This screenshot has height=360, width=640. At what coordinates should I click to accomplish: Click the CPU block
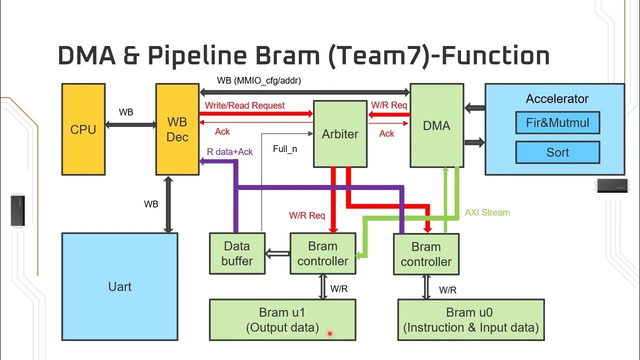tap(83, 129)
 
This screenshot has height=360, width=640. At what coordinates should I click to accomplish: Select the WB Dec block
tap(177, 129)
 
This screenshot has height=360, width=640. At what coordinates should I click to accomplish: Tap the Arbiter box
tap(340, 134)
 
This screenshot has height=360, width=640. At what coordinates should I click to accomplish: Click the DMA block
tap(436, 125)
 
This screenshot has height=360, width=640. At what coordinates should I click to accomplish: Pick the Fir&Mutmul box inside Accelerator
tap(557, 122)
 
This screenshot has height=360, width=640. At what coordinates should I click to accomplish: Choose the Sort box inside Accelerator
tap(557, 152)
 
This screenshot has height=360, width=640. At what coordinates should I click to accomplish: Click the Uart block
tap(119, 286)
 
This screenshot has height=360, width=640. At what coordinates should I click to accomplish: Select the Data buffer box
tap(237, 253)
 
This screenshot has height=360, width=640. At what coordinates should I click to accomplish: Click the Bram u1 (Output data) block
tap(282, 320)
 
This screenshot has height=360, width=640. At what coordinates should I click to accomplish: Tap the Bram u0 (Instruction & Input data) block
tap(470, 320)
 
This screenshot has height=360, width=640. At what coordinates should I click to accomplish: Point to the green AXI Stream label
tap(487, 212)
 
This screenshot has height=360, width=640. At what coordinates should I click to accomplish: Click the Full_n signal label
tap(285, 149)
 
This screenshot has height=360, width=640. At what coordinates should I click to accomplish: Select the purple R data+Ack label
tap(229, 151)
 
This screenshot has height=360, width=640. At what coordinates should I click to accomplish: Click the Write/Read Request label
tap(245, 105)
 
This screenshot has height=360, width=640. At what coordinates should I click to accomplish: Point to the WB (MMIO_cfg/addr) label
tap(258, 80)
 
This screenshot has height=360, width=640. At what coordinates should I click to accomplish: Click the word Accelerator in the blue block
tap(557, 99)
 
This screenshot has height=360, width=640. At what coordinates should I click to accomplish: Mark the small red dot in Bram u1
tap(330, 333)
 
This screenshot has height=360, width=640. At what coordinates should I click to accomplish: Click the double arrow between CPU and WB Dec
tap(130, 124)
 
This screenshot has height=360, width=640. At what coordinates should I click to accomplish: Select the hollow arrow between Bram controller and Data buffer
tap(277, 253)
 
